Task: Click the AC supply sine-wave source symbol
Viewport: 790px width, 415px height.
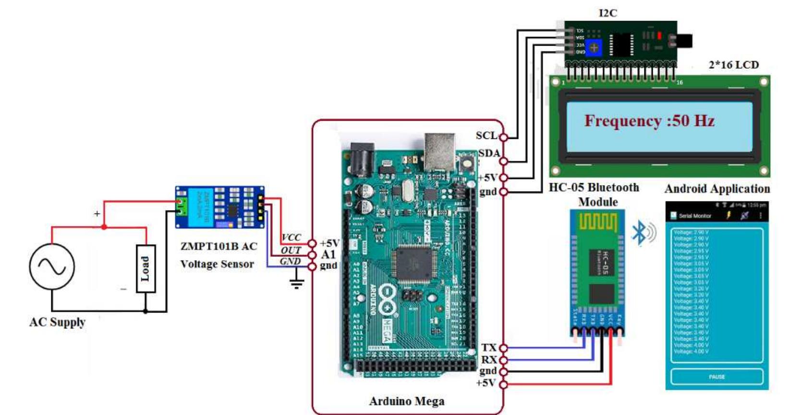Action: pyautogui.click(x=52, y=266)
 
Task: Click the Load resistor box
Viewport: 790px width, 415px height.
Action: pyautogui.click(x=146, y=268)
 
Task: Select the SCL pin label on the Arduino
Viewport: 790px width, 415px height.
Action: pyautogui.click(x=486, y=136)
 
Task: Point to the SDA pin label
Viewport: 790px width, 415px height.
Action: pyautogui.click(x=489, y=153)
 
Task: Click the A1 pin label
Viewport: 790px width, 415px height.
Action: pyautogui.click(x=328, y=254)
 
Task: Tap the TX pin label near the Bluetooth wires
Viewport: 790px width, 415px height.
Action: pyautogui.click(x=489, y=348)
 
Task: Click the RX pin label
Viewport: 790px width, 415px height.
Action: pyautogui.click(x=489, y=360)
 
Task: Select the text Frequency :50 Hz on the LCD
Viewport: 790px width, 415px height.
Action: pyautogui.click(x=649, y=121)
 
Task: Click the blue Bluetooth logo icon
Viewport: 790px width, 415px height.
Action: pyautogui.click(x=639, y=233)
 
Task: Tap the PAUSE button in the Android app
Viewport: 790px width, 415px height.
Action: pyautogui.click(x=717, y=377)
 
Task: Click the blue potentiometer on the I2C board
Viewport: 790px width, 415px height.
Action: pyautogui.click(x=595, y=48)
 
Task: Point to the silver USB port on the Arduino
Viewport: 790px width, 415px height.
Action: pyautogui.click(x=439, y=151)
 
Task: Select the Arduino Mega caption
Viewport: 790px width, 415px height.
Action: pyautogui.click(x=406, y=401)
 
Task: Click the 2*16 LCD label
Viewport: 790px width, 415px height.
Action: pyautogui.click(x=733, y=65)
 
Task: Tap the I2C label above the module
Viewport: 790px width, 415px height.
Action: pyautogui.click(x=608, y=13)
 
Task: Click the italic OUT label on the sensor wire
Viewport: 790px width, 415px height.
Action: pyautogui.click(x=291, y=251)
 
